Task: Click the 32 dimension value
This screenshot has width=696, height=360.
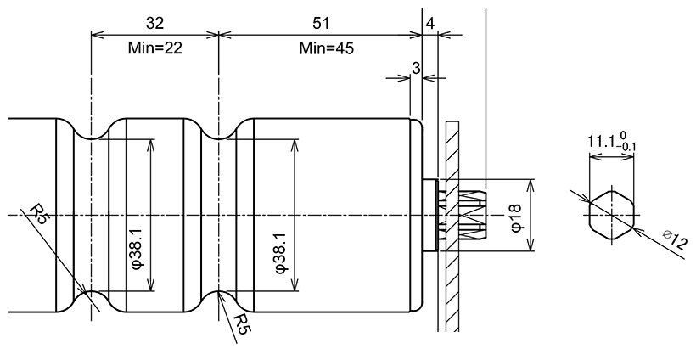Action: click(154, 22)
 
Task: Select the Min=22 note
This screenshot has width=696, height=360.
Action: click(154, 48)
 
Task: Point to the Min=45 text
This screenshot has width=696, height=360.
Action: click(326, 48)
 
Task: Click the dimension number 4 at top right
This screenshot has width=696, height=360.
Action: click(430, 23)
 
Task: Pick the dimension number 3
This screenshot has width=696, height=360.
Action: click(416, 67)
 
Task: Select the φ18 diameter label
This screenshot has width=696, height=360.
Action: click(516, 216)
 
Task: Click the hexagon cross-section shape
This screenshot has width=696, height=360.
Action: click(611, 216)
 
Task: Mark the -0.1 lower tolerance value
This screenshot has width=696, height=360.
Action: click(629, 147)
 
